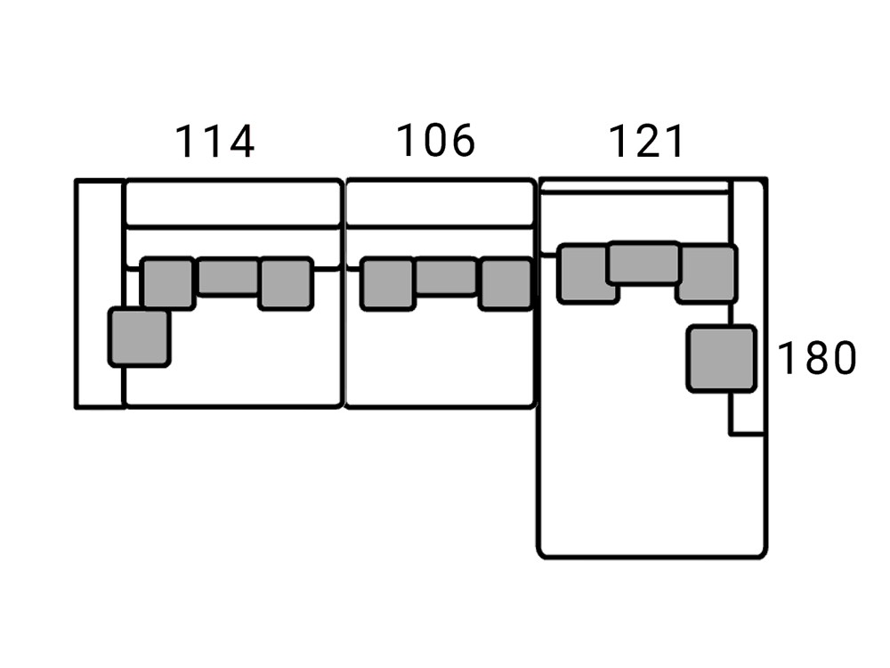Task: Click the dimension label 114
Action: [215, 142]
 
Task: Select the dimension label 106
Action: [435, 141]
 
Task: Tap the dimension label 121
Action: [646, 142]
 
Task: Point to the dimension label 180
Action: [816, 358]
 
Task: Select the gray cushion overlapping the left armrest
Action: [139, 338]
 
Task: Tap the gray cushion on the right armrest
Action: [722, 358]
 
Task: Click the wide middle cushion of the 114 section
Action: [229, 277]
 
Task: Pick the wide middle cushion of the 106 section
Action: [447, 277]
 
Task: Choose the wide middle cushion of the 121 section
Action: [644, 263]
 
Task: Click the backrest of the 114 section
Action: [233, 202]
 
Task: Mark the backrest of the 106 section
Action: [441, 202]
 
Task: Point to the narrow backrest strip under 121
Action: [635, 187]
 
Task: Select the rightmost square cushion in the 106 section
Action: [506, 284]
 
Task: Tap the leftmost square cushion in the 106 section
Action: [388, 284]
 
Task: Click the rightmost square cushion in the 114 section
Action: [286, 283]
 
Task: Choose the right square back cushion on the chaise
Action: [708, 273]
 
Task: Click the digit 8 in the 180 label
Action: [816, 358]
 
